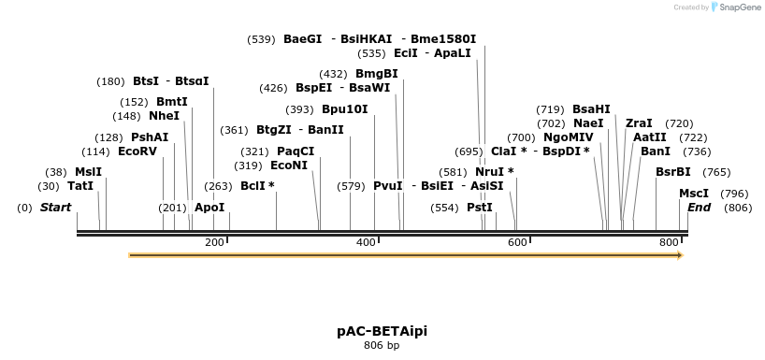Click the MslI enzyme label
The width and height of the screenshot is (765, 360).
tap(88, 172)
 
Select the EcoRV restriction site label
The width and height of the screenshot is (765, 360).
tap(137, 151)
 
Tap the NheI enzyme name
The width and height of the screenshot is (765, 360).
tap(164, 116)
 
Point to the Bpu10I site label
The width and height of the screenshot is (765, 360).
tap(344, 109)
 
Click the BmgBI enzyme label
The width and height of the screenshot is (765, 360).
tap(376, 74)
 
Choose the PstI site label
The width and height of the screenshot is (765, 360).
tap(479, 208)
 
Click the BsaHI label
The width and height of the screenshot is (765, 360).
tap(591, 109)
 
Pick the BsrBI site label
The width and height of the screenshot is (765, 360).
tap(673, 172)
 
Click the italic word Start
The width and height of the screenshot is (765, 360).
tap(55, 208)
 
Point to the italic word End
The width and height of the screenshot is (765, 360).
tap(700, 208)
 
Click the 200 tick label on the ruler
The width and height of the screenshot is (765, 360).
tap(214, 242)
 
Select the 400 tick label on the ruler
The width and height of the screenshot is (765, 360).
tap(366, 242)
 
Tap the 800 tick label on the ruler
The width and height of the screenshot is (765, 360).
tap(669, 242)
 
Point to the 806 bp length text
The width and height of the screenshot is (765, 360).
tap(382, 346)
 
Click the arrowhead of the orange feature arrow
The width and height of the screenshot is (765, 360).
tap(679, 254)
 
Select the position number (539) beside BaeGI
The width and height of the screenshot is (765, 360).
tap(261, 39)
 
